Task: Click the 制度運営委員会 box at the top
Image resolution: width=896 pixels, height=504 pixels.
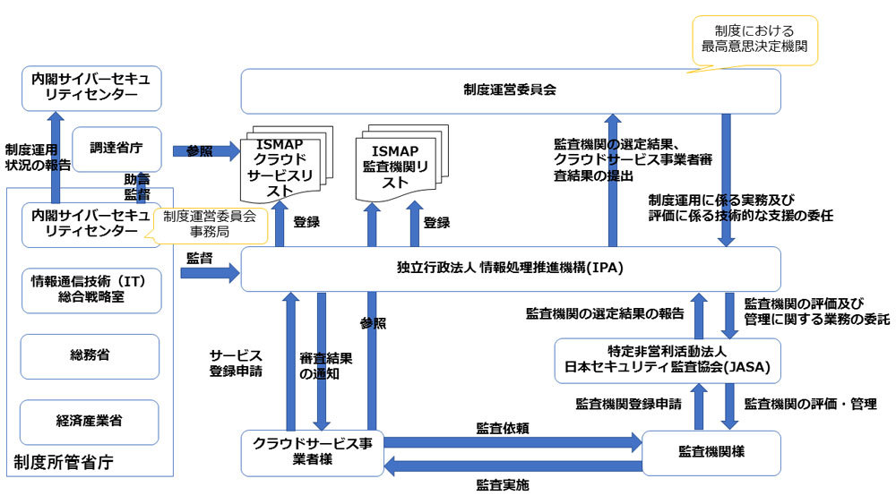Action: point(511,90)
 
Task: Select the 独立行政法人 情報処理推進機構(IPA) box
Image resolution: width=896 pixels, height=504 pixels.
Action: point(511,269)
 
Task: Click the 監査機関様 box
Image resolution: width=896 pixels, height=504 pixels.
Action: point(712,452)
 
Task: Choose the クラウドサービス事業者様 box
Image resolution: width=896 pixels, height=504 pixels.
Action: point(312,452)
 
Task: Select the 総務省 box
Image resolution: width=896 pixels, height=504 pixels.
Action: point(90,355)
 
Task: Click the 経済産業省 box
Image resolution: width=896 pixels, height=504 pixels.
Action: point(90,421)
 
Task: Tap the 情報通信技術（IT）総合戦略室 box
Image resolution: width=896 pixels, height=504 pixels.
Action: point(90,289)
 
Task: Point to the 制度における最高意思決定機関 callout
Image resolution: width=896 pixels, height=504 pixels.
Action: point(755,39)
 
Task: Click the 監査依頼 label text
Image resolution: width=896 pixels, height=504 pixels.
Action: point(502,429)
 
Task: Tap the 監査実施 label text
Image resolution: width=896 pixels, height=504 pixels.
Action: point(502,486)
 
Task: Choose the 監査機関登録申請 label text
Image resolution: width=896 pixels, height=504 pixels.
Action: point(627,405)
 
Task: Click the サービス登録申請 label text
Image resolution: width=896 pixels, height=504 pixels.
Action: point(235,363)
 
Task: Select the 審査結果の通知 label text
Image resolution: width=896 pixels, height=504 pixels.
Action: point(325,366)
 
